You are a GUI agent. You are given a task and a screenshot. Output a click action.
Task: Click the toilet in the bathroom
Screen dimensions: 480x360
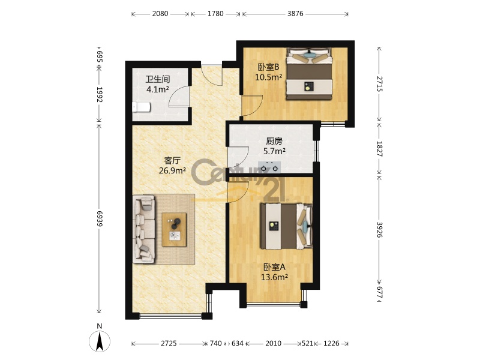[x=141, y=107]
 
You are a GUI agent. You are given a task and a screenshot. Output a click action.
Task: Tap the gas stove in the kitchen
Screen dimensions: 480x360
[x=269, y=167]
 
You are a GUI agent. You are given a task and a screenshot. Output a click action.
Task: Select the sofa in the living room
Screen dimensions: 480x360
[x=144, y=229]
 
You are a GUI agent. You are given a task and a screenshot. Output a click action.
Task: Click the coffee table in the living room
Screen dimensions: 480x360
[x=174, y=230]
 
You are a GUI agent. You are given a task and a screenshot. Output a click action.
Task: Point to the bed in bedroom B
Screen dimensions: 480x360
[x=309, y=74]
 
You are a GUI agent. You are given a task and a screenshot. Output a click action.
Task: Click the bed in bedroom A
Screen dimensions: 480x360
[x=286, y=226]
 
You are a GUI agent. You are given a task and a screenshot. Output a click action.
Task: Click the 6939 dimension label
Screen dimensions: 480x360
[x=100, y=218]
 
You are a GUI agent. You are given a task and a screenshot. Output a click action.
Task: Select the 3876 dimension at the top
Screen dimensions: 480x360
[x=295, y=13]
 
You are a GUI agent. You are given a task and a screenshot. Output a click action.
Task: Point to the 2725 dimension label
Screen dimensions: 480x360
[x=169, y=343]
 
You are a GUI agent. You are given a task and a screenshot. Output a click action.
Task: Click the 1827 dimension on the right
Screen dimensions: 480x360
[x=379, y=149]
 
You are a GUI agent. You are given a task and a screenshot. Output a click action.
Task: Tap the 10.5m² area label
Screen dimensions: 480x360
[x=268, y=77]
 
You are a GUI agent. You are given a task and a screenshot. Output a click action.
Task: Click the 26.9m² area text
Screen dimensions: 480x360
[x=172, y=170]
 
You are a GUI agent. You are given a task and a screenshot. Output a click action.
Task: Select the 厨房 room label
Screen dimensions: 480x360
[x=274, y=141]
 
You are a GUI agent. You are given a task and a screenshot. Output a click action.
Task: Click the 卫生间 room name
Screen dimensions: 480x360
[x=157, y=80]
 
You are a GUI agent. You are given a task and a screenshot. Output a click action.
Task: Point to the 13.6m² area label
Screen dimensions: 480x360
[x=274, y=277]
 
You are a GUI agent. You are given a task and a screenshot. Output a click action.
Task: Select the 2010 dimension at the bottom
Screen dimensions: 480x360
[x=274, y=343]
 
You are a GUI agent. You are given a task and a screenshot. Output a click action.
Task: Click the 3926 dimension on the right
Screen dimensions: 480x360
[x=379, y=230]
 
